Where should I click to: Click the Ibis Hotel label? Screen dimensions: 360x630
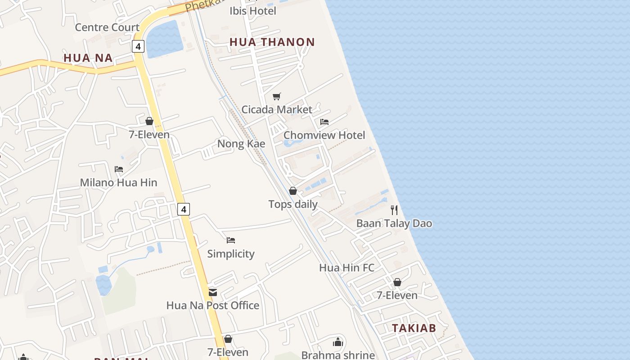253,11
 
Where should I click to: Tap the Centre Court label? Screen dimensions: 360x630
107,27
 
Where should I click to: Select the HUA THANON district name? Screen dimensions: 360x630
272,42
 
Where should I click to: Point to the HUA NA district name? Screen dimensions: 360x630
88,58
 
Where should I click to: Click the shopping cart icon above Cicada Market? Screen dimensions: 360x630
277,96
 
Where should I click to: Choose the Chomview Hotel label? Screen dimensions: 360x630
324,135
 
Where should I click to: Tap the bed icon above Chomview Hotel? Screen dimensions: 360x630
324,122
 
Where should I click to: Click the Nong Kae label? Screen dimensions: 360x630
241,144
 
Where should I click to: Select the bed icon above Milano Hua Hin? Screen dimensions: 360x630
119,169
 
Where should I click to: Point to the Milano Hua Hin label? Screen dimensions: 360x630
119,182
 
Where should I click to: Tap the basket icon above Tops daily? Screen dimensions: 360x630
293,191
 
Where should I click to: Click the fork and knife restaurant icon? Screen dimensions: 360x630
394,210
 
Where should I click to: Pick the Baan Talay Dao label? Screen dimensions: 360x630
394,223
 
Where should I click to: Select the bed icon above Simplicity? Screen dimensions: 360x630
231,240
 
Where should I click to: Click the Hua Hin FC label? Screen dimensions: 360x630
346,268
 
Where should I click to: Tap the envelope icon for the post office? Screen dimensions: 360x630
213,292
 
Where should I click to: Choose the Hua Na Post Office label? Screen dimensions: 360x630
213,306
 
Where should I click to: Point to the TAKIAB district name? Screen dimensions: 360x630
414,328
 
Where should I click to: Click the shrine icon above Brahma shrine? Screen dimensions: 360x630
338,342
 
